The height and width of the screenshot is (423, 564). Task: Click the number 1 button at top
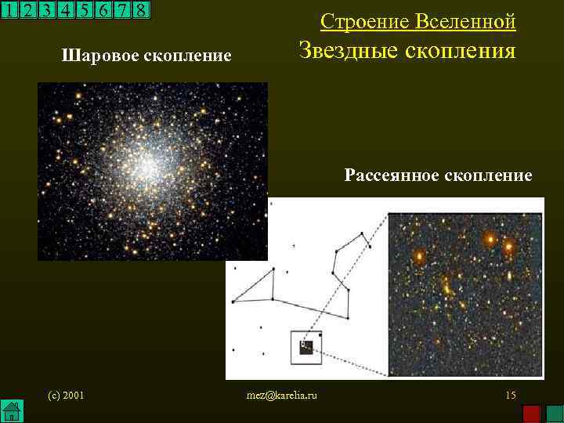click(x=9, y=9)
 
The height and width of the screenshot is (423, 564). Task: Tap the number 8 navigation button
click(x=140, y=9)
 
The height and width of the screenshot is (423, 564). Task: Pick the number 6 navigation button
click(x=103, y=9)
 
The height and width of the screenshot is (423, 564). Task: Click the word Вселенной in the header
click(x=469, y=21)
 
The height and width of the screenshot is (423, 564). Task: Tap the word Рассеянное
click(x=392, y=175)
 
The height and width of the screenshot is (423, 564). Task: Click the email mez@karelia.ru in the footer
click(x=282, y=395)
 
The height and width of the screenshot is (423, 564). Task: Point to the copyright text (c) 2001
click(x=66, y=395)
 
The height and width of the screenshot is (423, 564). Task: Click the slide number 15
click(x=511, y=395)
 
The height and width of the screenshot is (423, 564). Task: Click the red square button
click(x=532, y=412)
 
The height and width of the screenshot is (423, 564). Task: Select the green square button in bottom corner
click(x=552, y=412)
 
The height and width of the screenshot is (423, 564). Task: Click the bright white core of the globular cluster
click(x=146, y=164)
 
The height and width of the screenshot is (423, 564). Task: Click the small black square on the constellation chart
click(x=306, y=348)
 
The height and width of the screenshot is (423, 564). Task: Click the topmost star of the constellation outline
click(x=361, y=232)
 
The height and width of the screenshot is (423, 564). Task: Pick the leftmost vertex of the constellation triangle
click(x=232, y=301)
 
